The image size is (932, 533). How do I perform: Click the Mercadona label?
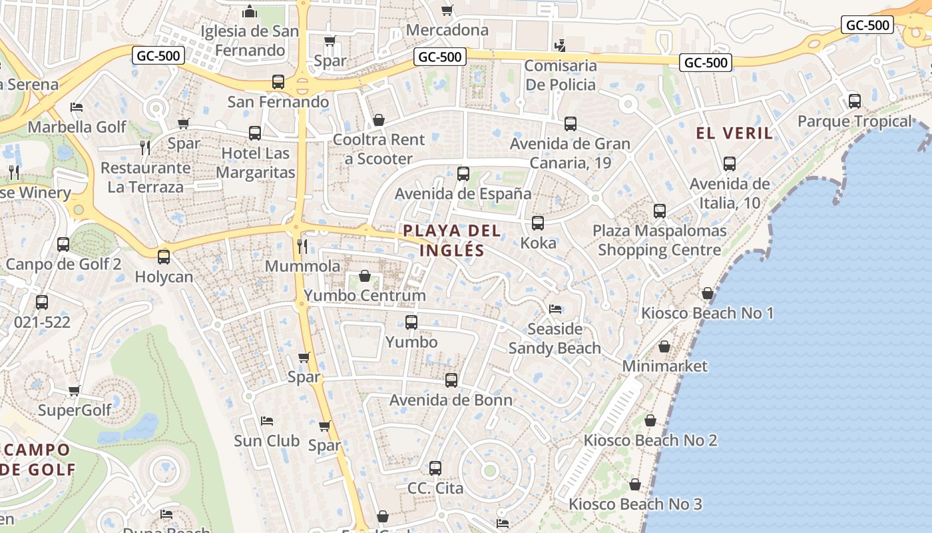pos(447,30)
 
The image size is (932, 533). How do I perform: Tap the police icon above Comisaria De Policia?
pos(560,45)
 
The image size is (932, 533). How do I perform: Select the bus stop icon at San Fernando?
pos(278,82)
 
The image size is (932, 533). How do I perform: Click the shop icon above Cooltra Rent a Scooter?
pos(378,120)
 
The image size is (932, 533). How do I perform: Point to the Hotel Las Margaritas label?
pos(255,163)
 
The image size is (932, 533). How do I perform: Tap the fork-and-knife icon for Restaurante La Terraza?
pos(145,147)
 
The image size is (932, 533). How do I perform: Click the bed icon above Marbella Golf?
pos(77,107)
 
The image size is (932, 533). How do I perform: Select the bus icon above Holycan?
pos(164,257)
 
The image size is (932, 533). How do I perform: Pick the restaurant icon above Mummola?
pos(302,247)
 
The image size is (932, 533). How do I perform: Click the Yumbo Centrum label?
pos(364,295)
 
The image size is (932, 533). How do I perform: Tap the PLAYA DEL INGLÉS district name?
pos(452,241)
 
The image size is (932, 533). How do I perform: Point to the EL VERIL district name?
pos(735,133)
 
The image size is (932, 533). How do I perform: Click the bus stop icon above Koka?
pos(538,223)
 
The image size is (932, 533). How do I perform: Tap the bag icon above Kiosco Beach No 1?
pos(707,293)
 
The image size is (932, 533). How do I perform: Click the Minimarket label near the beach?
pos(664,366)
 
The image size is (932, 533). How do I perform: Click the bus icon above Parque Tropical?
pos(854,101)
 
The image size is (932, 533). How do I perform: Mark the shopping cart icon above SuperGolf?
pos(74,390)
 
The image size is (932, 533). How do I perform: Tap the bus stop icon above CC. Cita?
pos(435,468)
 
